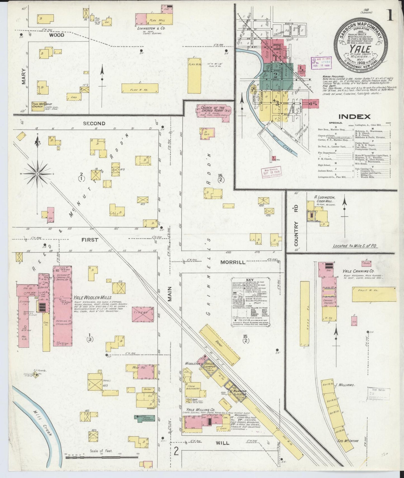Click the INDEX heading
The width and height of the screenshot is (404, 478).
[x=355, y=117]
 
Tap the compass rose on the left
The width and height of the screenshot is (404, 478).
[x=37, y=174]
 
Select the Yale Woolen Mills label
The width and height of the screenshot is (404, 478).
[x=93, y=298]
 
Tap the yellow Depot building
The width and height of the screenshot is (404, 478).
[x=219, y=345]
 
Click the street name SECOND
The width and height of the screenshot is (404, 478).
[x=94, y=124]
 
